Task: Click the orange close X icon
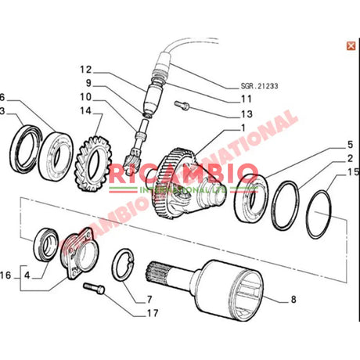(x=350, y=46)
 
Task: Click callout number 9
(x=88, y=84)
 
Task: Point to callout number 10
(x=85, y=97)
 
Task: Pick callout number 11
(x=247, y=99)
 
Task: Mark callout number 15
(x=353, y=172)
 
